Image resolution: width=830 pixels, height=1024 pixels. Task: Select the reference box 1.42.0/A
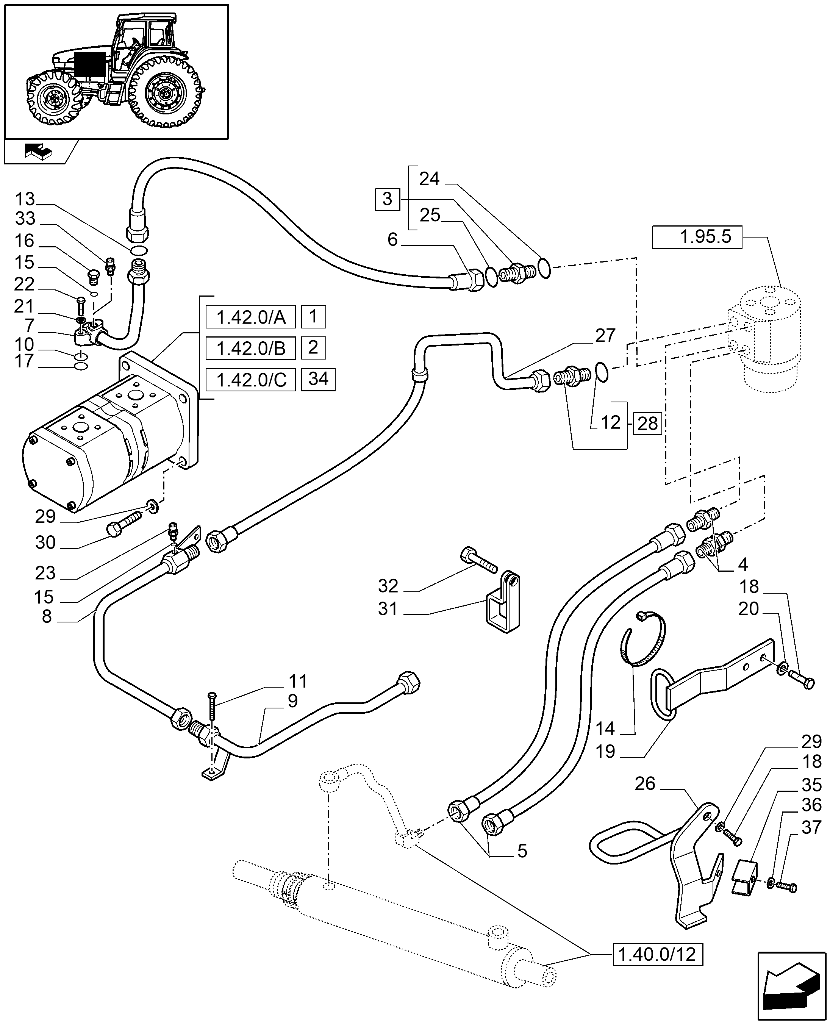250,317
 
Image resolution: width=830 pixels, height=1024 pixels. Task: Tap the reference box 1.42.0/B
250,349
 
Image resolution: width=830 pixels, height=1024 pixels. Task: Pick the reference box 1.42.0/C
250,380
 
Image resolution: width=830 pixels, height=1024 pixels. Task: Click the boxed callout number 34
318,379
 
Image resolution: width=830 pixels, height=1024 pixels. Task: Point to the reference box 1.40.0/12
657,955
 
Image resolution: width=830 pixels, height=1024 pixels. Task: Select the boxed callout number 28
647,424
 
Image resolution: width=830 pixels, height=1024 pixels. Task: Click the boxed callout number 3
387,199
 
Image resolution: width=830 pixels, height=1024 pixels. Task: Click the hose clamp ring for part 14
646,641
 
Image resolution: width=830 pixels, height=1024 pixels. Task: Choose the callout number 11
298,681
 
